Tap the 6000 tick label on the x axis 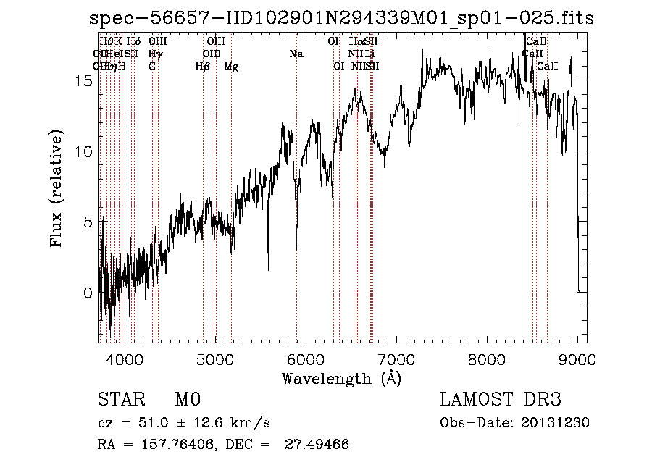click(305, 358)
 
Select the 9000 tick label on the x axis click(577, 358)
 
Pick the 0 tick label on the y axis click(88, 293)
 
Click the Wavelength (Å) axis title click(341, 378)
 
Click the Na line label click(296, 54)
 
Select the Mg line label click(231, 67)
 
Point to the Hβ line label click(203, 67)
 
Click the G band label click(152, 67)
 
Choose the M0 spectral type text click(187, 400)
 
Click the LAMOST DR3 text click(501, 400)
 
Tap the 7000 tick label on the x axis click(396, 358)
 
